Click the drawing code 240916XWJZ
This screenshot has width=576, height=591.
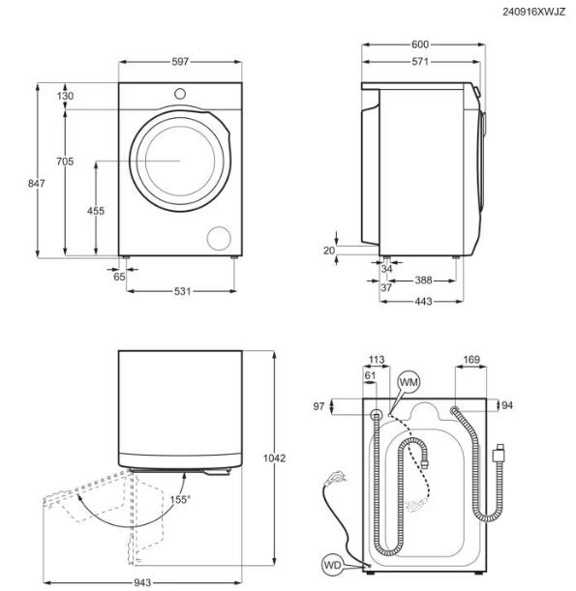[x=533, y=12]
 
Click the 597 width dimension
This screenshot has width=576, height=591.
[x=180, y=62]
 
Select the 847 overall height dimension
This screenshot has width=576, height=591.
[x=36, y=183]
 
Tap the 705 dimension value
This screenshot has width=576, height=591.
[x=65, y=162]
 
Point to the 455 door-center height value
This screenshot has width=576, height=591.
[x=96, y=211]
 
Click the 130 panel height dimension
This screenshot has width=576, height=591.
[x=65, y=96]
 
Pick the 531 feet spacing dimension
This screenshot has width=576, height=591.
[x=183, y=291]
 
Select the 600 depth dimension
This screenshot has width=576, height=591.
[x=420, y=44]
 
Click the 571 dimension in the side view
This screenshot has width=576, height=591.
[x=420, y=62]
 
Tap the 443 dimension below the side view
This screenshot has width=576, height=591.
[x=423, y=301]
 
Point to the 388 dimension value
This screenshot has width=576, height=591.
[x=423, y=281]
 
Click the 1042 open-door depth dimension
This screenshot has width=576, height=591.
[x=275, y=458]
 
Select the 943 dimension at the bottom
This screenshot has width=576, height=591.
[x=142, y=582]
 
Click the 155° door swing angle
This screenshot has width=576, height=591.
[x=180, y=500]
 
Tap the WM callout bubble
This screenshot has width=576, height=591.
[x=409, y=383]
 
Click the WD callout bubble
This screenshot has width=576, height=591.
[x=333, y=565]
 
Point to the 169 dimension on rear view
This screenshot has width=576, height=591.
[x=471, y=360]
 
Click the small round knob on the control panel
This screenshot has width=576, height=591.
[x=180, y=94]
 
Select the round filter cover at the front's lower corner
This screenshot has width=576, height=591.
[x=219, y=238]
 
